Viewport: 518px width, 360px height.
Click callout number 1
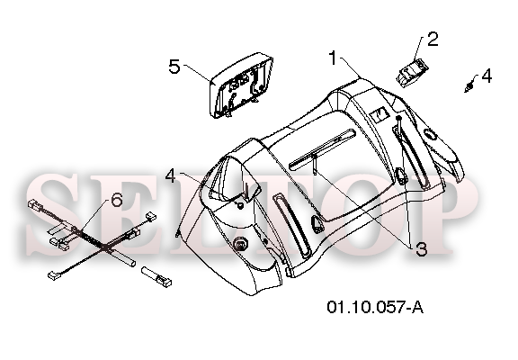[333, 58]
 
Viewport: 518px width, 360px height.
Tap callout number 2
[433, 39]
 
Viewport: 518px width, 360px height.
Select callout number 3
[421, 249]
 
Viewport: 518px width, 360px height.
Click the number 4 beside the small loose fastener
[487, 76]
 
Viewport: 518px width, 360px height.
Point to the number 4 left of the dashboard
[171, 176]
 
